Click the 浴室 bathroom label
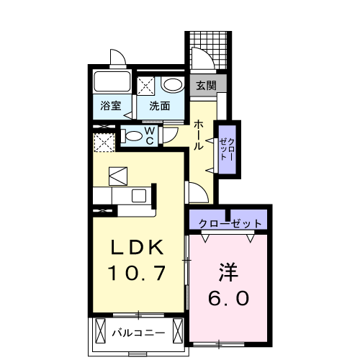point(110,106)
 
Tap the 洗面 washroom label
point(159,106)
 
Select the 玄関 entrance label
point(206,85)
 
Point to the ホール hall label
point(198,135)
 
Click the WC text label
point(150,136)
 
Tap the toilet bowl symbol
point(132,135)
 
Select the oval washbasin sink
point(171,85)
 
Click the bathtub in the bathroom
point(111,82)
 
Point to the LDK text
point(138,248)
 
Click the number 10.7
point(138,273)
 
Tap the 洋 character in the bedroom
point(230,272)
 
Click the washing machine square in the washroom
point(146,86)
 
